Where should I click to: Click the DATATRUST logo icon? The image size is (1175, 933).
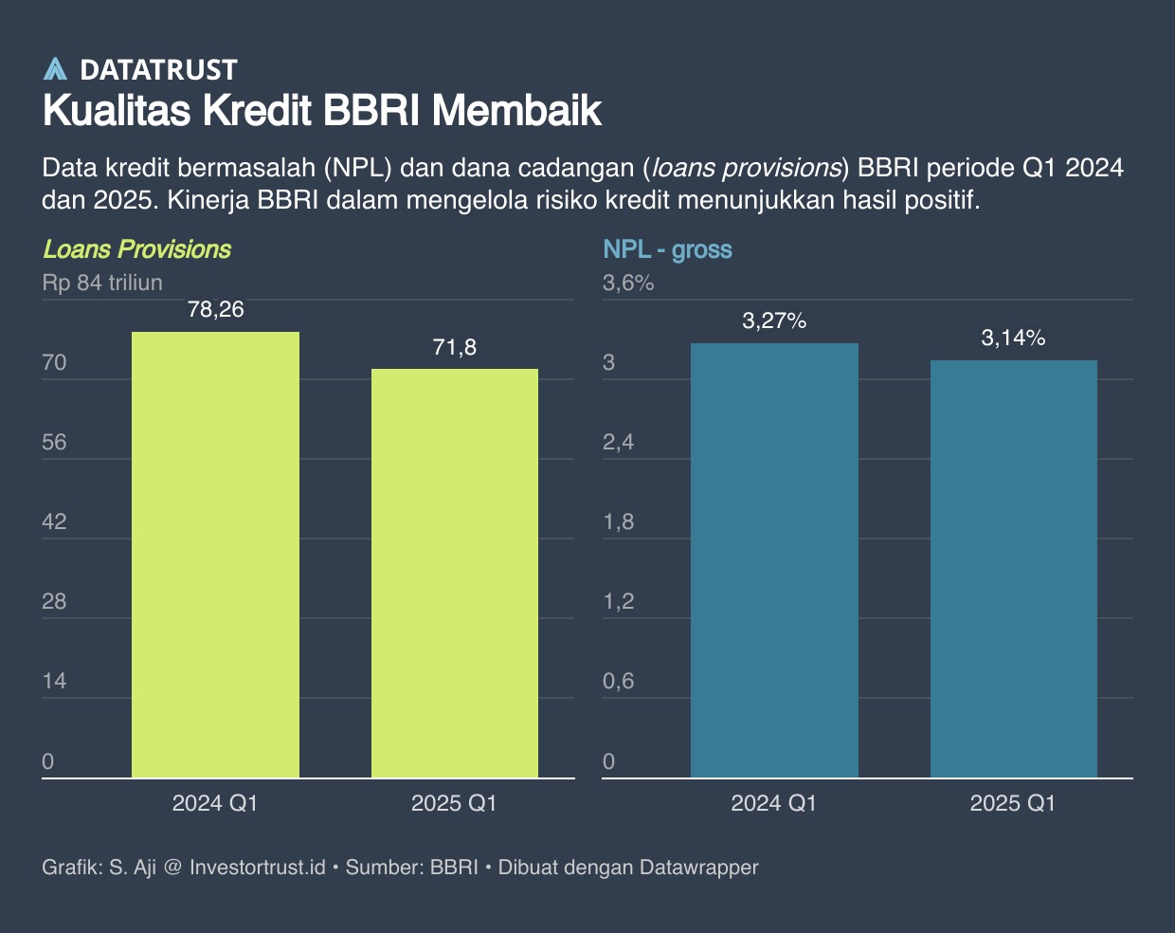click(55, 69)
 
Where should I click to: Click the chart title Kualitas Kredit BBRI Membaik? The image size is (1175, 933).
click(322, 111)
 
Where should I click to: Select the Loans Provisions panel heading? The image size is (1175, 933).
click(137, 249)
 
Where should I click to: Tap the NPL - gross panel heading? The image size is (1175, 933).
click(668, 249)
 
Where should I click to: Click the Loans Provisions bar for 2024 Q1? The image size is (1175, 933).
click(215, 555)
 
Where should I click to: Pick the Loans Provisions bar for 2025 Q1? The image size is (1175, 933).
click(455, 574)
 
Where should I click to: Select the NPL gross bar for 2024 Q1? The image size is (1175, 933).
click(774, 560)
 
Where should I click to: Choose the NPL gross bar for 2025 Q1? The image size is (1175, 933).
click(1014, 569)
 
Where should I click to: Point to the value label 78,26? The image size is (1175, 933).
click(215, 309)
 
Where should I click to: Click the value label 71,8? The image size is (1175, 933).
click(455, 347)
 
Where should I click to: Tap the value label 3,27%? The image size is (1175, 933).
click(774, 320)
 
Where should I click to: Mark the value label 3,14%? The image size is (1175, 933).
click(1014, 338)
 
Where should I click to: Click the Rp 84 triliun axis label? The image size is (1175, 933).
click(102, 283)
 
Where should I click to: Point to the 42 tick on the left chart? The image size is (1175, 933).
click(55, 521)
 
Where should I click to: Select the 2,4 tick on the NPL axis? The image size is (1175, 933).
click(619, 442)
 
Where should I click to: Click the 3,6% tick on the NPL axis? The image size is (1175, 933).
click(628, 283)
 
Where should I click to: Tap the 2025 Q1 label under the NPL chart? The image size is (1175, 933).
click(1013, 803)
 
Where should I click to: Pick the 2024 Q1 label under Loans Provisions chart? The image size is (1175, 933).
click(215, 803)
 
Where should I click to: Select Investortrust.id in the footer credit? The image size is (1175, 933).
click(258, 867)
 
